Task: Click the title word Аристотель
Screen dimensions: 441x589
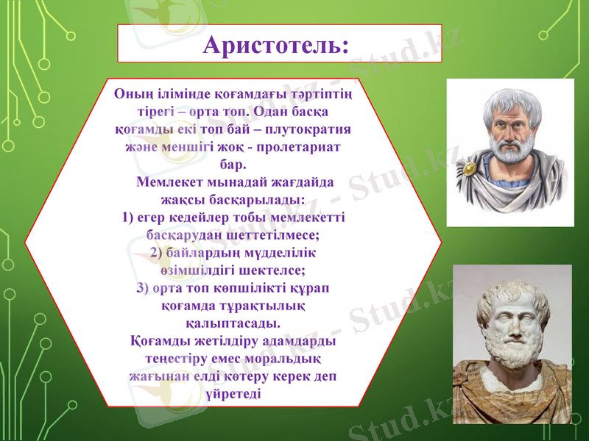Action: click(x=272, y=46)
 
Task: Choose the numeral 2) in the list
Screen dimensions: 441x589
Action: click(x=157, y=253)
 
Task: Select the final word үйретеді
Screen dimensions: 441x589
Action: click(x=233, y=393)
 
